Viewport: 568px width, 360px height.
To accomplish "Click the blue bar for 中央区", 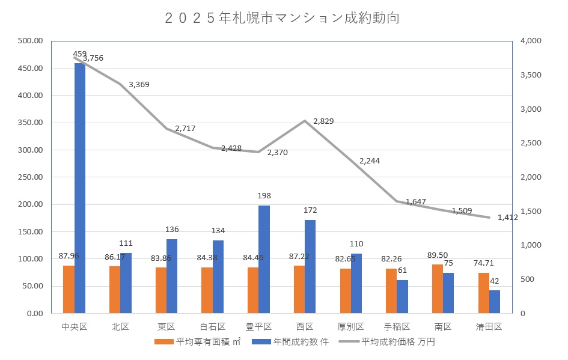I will click(80, 188).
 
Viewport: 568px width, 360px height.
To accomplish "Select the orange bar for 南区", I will click(438, 289).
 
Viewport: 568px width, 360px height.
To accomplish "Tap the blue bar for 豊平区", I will click(264, 260).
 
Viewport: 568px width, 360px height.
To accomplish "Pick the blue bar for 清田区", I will click(495, 302).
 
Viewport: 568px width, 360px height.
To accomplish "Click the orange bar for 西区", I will click(299, 290).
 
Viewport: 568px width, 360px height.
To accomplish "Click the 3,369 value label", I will click(139, 85).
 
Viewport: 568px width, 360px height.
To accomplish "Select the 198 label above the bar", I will click(264, 197).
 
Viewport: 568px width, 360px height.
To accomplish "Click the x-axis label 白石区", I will click(212, 327).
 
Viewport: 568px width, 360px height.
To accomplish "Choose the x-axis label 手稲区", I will click(397, 327).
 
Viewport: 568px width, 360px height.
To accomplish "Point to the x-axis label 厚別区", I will click(351, 327).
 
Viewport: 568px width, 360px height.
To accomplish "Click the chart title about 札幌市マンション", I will click(282, 19).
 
